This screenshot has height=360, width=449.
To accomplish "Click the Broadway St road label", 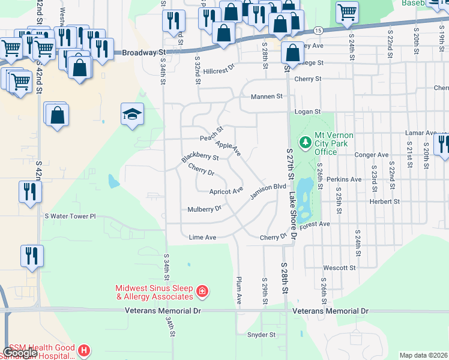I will [143, 52].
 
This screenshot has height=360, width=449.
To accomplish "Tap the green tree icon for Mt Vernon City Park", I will [306, 142].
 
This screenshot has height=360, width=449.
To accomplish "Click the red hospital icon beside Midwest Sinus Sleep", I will [202, 292].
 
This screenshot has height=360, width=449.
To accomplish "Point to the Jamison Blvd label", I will [268, 191].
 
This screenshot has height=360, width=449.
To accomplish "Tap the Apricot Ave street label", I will [226, 191].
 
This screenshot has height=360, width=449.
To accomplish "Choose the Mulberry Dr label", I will [204, 209].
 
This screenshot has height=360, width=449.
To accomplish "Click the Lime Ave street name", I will [202, 238].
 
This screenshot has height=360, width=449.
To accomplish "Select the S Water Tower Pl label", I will [70, 216].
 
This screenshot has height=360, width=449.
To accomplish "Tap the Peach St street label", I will [211, 133].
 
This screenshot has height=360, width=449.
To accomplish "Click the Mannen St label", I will [267, 97].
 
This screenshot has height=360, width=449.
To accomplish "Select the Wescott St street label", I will [340, 268].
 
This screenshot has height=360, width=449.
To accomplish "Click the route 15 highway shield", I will [318, 30].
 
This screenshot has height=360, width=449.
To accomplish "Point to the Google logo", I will [20, 353].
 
